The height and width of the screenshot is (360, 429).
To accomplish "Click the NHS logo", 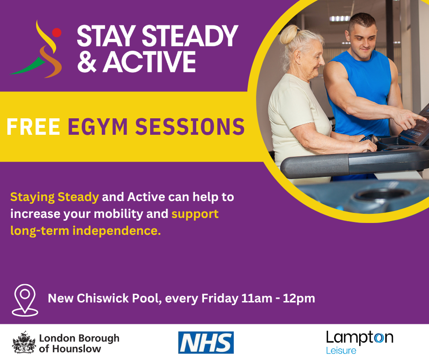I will coord(206,343).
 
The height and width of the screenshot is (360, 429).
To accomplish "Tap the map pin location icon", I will coord(26,300).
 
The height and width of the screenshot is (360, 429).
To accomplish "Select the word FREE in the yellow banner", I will coord(33,127).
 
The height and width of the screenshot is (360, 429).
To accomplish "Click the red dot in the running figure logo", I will coord(57,32).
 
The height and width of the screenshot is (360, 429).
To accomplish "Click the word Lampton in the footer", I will coord(360,338).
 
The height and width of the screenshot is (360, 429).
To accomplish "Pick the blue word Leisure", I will coord(341,351).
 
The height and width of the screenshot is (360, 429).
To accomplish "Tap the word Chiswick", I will coord(100,299).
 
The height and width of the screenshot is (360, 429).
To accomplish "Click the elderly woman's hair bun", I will coord(288,35).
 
